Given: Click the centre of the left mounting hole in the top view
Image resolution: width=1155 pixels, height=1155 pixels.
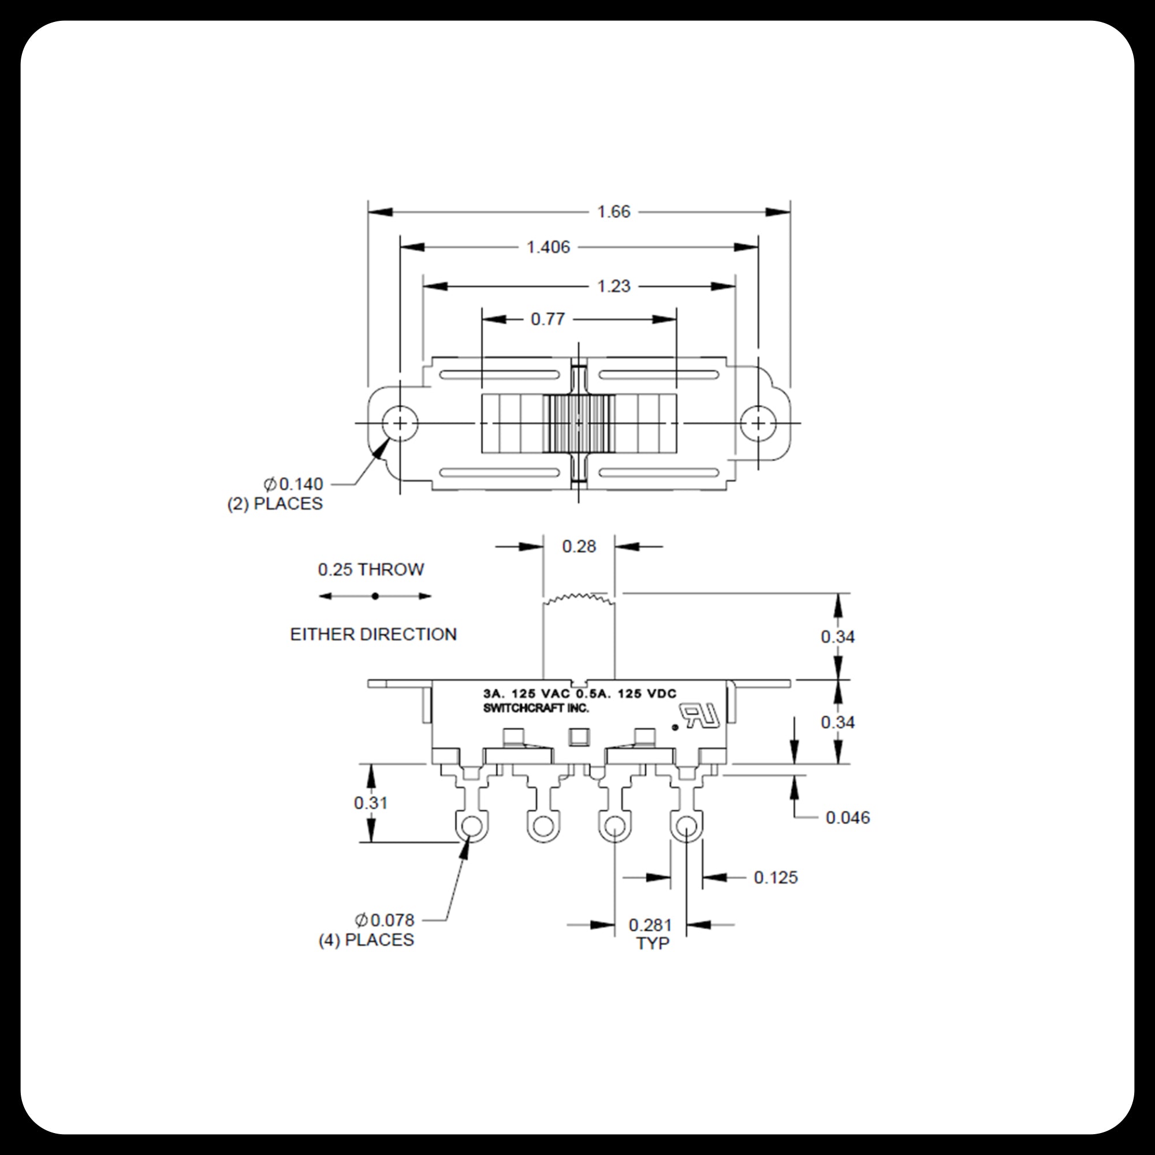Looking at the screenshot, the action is [400, 423].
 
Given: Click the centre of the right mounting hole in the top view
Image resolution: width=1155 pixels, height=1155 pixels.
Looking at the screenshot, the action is [758, 423].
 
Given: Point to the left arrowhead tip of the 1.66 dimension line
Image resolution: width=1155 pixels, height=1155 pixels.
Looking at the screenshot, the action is [368, 211].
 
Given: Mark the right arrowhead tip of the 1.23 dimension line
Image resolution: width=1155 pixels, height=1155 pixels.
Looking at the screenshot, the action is [735, 286].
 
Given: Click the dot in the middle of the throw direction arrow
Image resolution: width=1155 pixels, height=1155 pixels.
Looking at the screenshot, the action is [375, 596].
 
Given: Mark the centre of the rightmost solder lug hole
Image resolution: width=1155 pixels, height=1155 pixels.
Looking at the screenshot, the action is [686, 827].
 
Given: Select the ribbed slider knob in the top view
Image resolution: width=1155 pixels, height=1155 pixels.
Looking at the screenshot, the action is [579, 423].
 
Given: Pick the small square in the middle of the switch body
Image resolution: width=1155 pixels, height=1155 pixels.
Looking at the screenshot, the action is [578, 737].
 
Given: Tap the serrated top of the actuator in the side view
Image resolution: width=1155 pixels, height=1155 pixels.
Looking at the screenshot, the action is [578, 598].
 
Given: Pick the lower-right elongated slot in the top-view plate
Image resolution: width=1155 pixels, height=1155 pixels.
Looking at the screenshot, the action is [658, 474].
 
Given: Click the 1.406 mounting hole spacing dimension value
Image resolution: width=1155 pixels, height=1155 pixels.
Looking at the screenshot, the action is [548, 247].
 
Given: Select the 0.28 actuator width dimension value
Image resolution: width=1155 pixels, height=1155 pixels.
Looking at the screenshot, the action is [579, 546].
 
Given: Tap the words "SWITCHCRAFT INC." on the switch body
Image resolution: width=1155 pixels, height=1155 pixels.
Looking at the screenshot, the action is [536, 709].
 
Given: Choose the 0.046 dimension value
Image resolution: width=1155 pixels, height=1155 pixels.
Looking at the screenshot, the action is [848, 817].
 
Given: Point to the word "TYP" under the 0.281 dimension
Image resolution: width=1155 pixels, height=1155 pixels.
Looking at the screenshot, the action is [652, 943].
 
